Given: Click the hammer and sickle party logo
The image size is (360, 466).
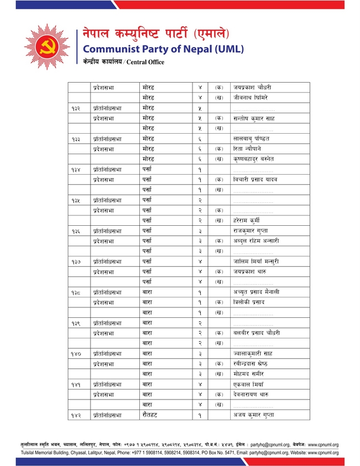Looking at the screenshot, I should pyautogui.click(x=47, y=47).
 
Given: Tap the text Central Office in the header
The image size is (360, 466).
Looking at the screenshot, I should pyautogui.click(x=145, y=62).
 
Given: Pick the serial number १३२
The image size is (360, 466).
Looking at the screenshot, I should pyautogui.click(x=77, y=108).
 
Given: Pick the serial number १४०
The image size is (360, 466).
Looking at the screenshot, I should pyautogui.click(x=77, y=353).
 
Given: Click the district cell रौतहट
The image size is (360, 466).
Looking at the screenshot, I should pyautogui.click(x=151, y=415).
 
